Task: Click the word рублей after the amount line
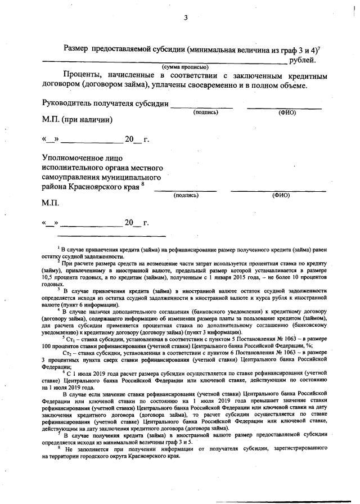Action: tap(302, 60)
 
